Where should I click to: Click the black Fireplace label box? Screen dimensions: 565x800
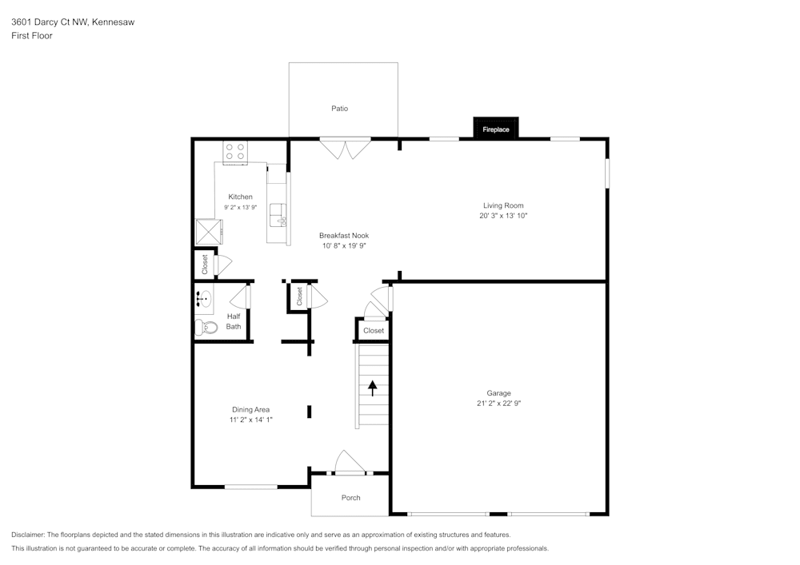pos(496,129)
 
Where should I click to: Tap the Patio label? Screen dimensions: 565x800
pos(340,109)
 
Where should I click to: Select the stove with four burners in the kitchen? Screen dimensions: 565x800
pos(235,151)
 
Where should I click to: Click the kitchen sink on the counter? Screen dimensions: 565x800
pos(278,214)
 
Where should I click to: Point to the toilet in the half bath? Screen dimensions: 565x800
pos(206,327)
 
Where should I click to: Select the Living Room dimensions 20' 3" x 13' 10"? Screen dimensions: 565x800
pos(503,216)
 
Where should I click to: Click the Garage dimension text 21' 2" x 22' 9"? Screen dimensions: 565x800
pos(498,404)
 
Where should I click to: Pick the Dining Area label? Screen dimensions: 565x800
pos(250,409)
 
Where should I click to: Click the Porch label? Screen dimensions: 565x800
pos(350,498)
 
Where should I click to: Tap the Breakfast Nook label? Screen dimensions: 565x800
pos(343,236)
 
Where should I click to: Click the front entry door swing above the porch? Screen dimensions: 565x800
pos(349,463)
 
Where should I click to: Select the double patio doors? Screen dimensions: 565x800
pos(346,149)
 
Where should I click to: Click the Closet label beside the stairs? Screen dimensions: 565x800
pos(374,330)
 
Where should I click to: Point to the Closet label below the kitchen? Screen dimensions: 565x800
pos(205,264)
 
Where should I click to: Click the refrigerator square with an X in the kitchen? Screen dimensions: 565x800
pos(210,231)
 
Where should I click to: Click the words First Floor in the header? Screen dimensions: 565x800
pos(32,36)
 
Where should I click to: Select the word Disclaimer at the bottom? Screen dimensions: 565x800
pos(28,535)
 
